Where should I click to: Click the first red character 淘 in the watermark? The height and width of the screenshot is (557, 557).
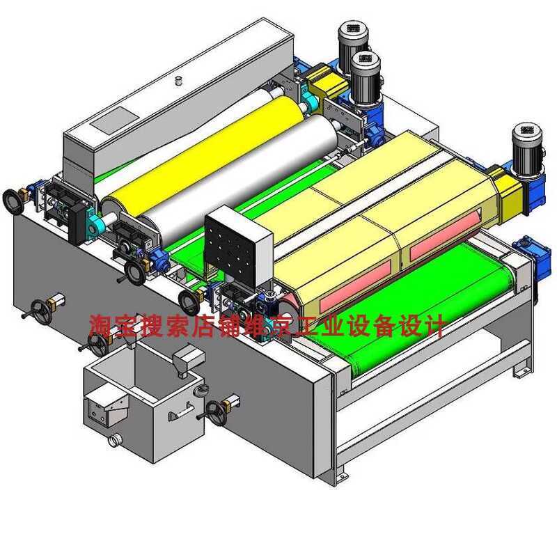pos(102,325)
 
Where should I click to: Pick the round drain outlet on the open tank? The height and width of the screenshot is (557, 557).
pos(113,440)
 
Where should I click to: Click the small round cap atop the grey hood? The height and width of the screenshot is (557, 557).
pos(179,81)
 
